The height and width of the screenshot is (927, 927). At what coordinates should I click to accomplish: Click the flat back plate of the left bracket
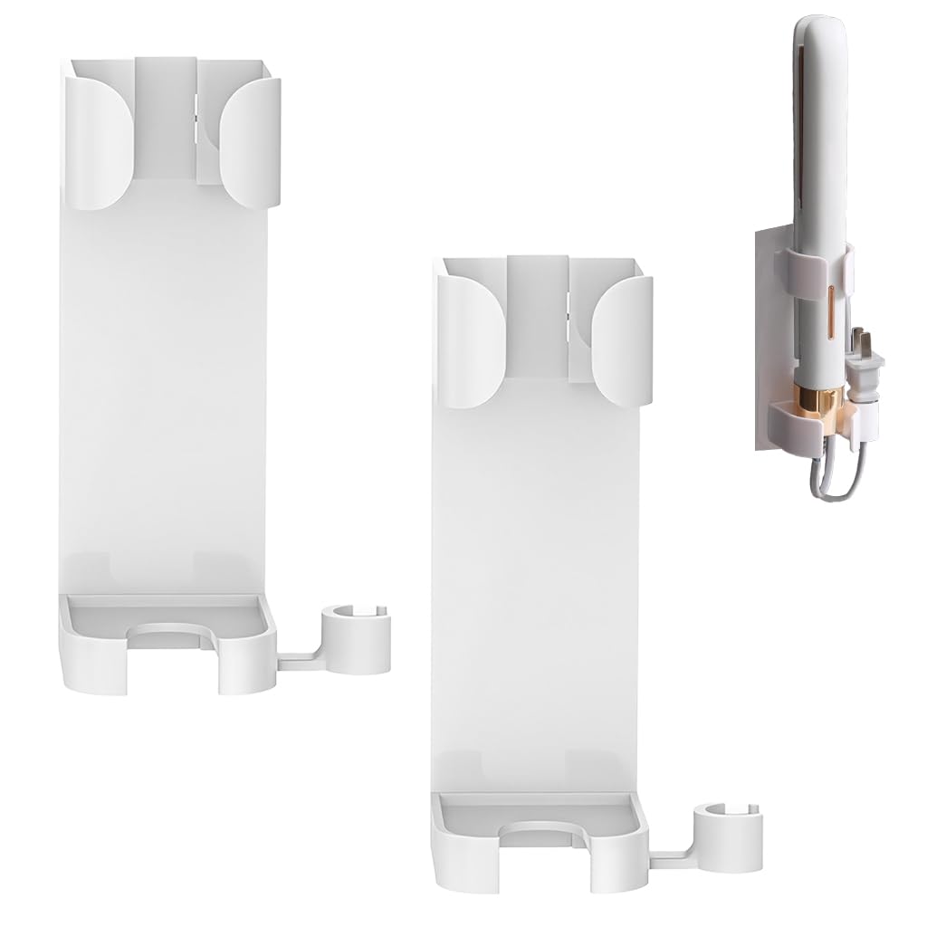(x=167, y=380)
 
